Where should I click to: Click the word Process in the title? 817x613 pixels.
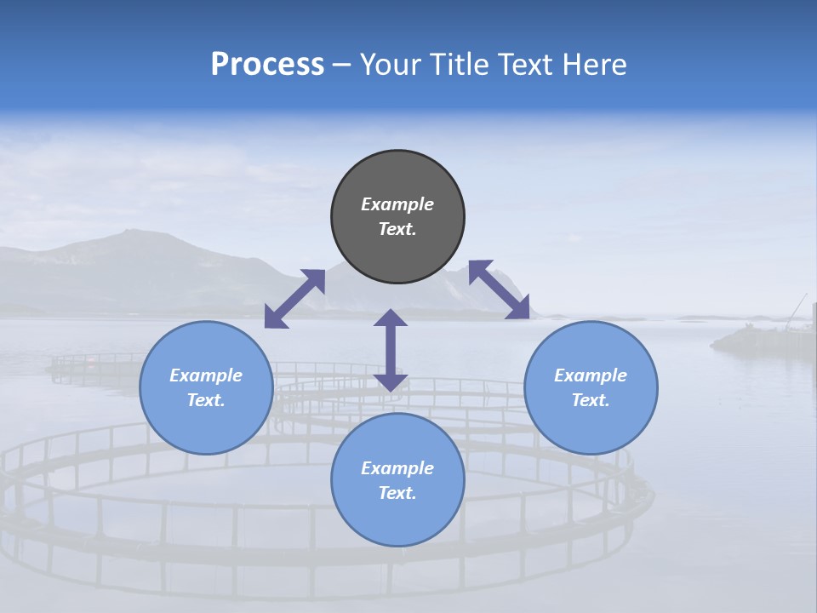click(267, 64)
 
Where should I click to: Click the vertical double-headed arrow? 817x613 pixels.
click(391, 350)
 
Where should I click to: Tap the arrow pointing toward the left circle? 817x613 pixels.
click(294, 298)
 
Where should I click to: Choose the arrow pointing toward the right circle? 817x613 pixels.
click(499, 289)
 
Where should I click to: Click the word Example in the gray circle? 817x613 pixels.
click(397, 204)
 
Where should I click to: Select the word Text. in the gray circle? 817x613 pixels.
click(397, 229)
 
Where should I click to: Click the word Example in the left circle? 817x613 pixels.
click(206, 375)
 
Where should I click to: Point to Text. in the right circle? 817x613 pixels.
click(591, 400)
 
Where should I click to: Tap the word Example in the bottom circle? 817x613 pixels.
click(397, 468)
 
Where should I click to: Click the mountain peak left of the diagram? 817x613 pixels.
click(128, 233)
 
